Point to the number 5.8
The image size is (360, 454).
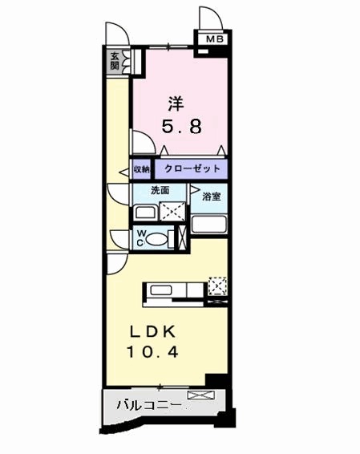(x=177, y=126)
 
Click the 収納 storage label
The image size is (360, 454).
(x=141, y=170)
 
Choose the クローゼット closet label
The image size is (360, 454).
(x=190, y=170)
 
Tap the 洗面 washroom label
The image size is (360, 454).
(x=160, y=191)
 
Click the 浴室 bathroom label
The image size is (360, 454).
(x=212, y=197)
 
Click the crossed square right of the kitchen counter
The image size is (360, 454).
(x=217, y=286)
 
